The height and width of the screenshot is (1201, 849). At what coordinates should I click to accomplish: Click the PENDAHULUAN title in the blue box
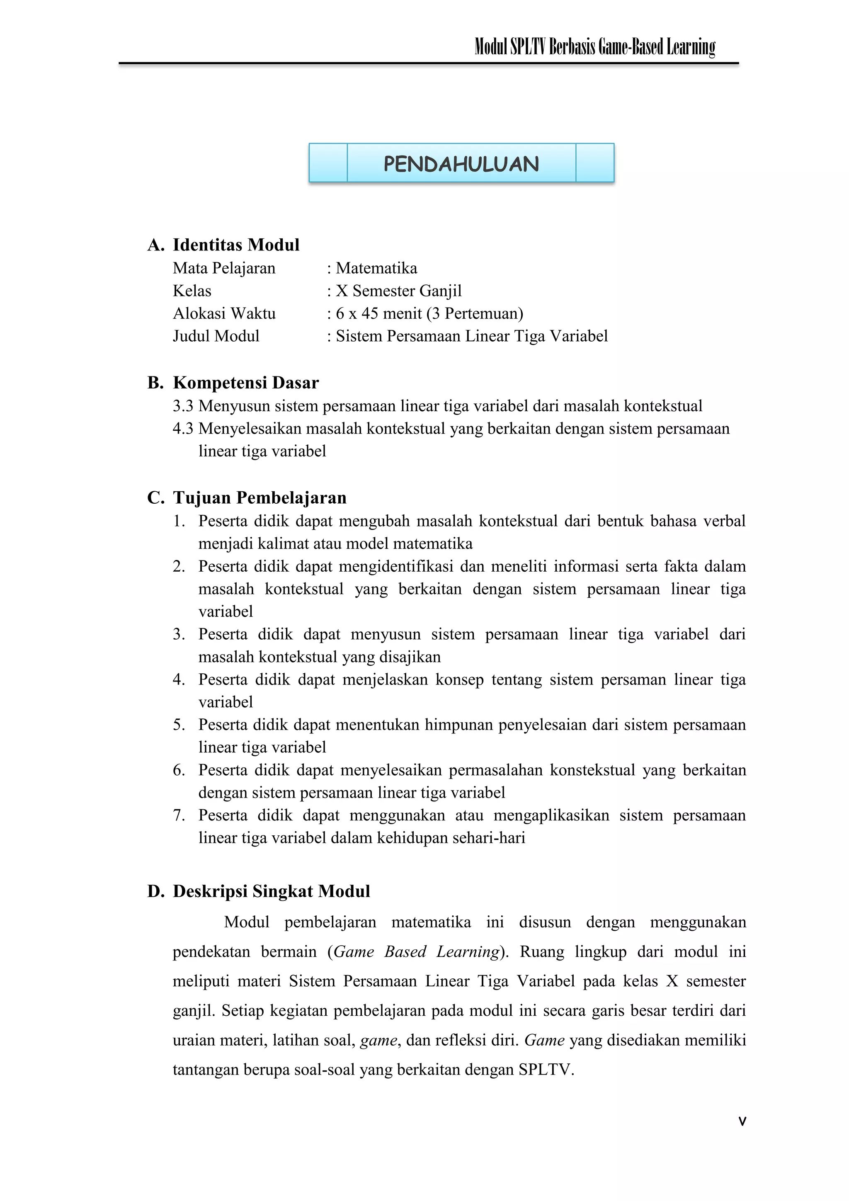click(x=461, y=164)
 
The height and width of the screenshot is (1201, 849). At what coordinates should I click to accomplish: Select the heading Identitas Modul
click(x=236, y=245)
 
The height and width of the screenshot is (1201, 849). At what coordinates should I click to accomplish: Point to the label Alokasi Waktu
click(x=224, y=313)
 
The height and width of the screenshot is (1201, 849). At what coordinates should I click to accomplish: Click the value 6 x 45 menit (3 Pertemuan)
click(x=429, y=313)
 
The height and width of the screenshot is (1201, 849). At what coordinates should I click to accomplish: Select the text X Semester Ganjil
click(x=399, y=291)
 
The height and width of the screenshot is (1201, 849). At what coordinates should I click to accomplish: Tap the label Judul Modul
click(x=216, y=336)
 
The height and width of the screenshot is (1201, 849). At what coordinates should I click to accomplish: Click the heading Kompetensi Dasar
click(x=246, y=383)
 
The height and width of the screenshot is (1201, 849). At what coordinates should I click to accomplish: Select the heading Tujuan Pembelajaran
click(x=260, y=497)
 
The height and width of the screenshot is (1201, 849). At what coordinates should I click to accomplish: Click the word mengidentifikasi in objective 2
click(x=395, y=566)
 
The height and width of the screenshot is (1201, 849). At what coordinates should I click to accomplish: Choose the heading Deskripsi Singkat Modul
click(x=271, y=891)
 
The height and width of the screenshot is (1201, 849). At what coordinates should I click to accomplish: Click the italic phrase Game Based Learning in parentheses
click(x=416, y=951)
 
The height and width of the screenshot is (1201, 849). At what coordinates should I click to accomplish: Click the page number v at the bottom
click(x=742, y=1121)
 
